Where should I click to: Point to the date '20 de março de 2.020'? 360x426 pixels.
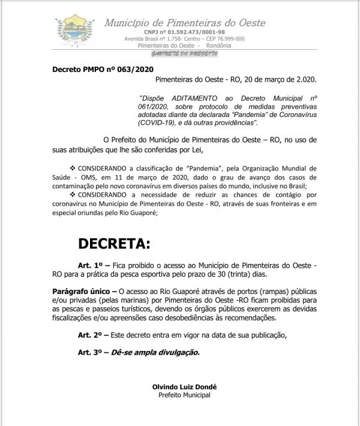(264, 79)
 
